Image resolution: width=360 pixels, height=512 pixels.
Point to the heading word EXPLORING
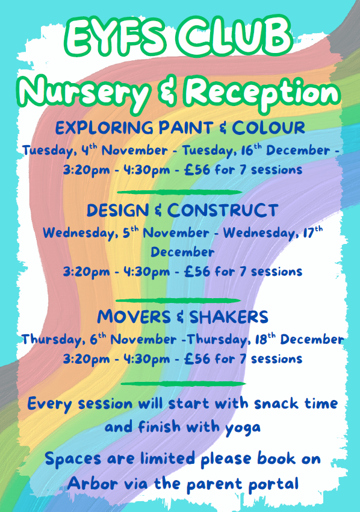104,128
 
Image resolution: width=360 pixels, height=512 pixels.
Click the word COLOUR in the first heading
268,128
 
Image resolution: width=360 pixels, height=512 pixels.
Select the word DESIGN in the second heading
118,211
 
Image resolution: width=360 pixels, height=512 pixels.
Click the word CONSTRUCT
223,210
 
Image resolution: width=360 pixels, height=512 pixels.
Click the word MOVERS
134,317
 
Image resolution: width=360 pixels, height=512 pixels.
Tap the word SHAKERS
229,317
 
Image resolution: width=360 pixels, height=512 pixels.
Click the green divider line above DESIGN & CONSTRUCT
179,192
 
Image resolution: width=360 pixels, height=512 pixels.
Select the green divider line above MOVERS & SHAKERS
178,301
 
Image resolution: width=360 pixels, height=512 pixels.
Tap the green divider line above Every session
183,383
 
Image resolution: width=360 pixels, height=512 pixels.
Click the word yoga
243,428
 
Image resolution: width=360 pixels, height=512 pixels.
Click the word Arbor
92,483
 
